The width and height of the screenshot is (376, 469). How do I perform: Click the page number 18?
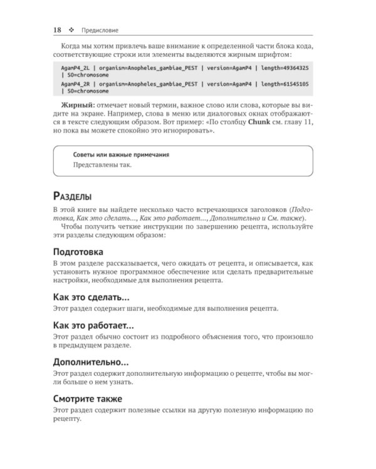click(x=57, y=29)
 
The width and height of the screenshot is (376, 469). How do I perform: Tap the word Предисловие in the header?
click(x=96, y=29)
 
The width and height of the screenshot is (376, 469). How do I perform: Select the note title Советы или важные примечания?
click(x=120, y=154)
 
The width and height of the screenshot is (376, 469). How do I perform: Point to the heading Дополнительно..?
click(x=91, y=362)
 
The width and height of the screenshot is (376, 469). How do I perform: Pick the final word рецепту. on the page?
click(x=67, y=419)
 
